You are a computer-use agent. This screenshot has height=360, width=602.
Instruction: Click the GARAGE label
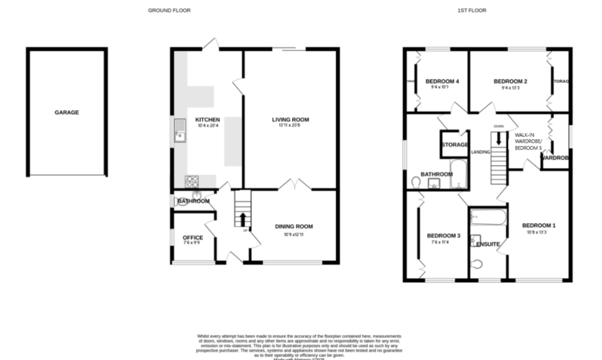66,112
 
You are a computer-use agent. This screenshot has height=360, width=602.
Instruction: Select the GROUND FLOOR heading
169,11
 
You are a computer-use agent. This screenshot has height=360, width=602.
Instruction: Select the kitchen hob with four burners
192,181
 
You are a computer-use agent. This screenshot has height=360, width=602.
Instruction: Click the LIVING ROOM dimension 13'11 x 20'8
290,126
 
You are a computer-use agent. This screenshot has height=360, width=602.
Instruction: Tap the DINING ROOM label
294,226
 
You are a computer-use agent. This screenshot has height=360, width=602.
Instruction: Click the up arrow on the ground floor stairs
242,219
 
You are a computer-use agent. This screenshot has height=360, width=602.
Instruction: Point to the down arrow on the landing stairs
499,139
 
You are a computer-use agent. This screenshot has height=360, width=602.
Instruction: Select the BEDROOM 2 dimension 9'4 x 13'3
510,88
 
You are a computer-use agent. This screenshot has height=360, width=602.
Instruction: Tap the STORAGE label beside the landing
455,145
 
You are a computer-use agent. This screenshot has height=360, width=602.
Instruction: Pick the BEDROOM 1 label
539,225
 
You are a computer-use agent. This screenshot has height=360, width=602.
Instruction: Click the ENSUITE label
488,244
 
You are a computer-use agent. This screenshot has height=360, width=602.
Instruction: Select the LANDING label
480,152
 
